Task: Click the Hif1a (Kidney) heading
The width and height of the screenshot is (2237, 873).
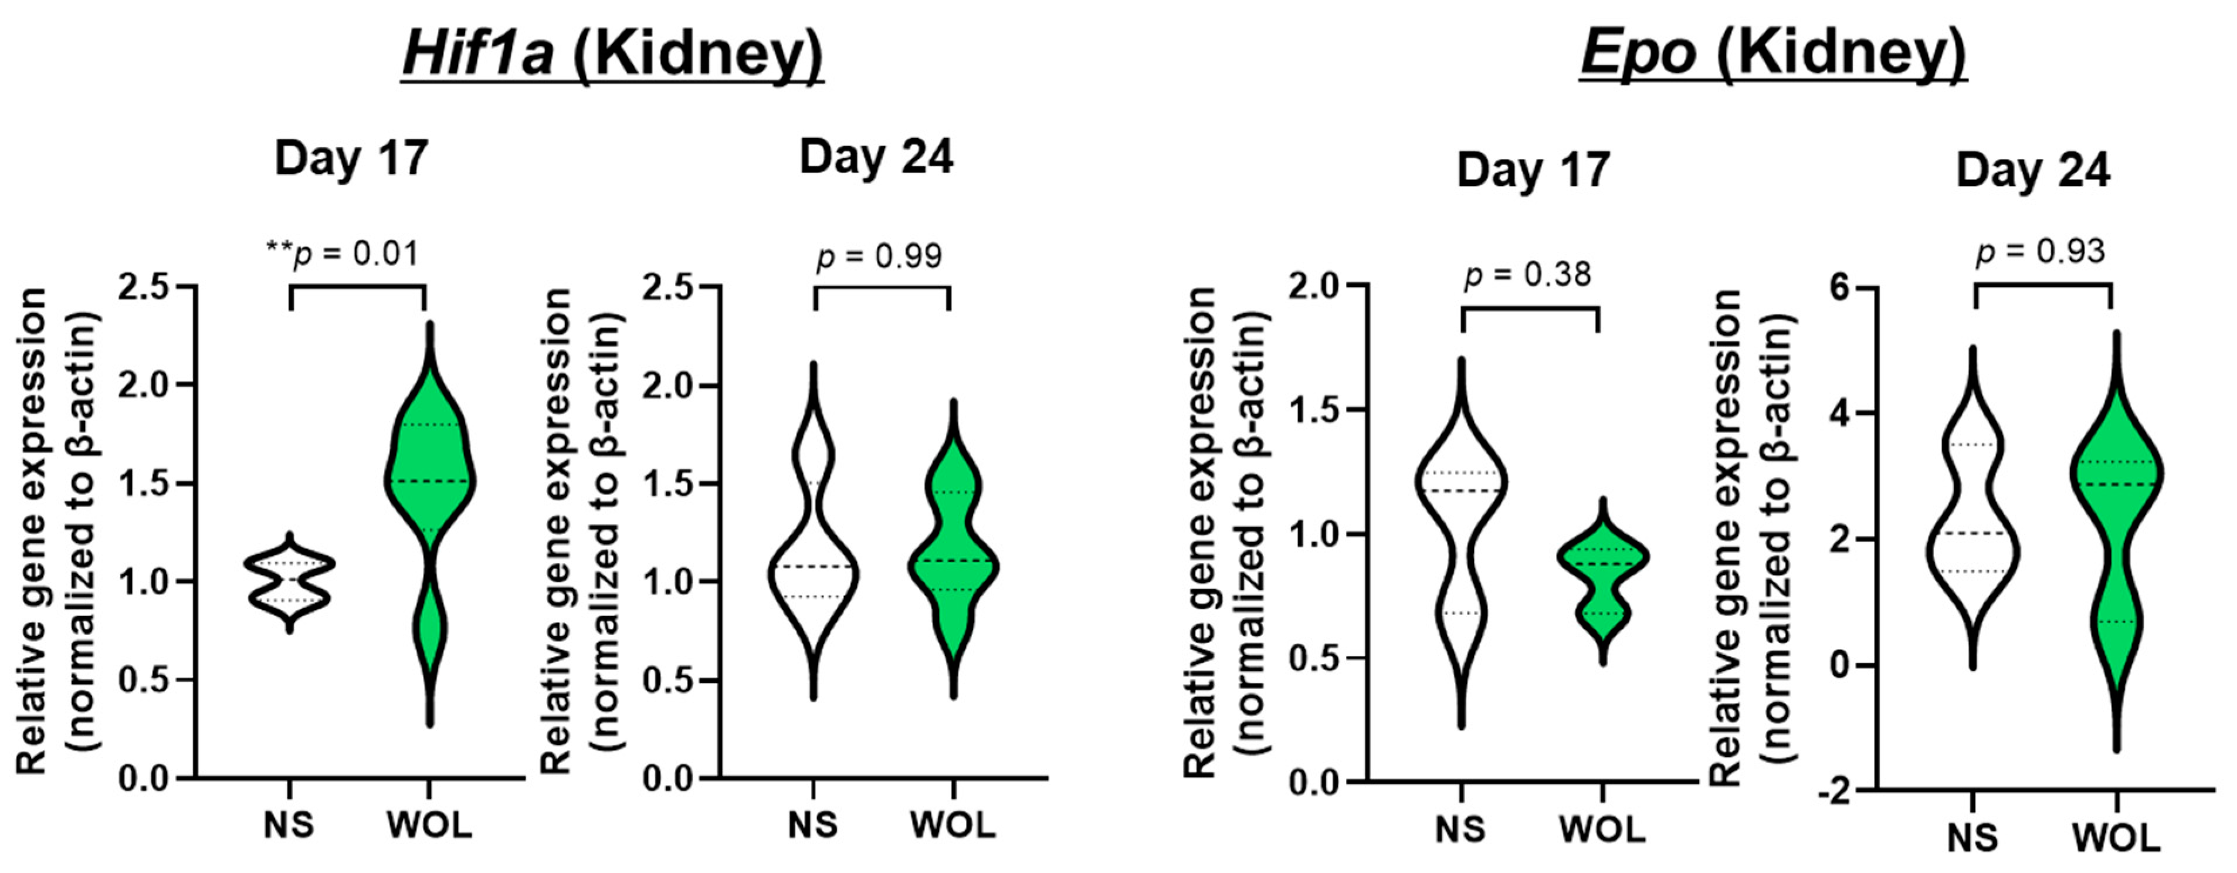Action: [612, 54]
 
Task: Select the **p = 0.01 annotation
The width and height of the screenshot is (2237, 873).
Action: [342, 253]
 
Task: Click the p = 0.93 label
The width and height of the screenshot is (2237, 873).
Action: [2040, 252]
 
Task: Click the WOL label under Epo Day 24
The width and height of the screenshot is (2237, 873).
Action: [2116, 839]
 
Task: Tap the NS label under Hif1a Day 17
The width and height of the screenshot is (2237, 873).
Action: [289, 825]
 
